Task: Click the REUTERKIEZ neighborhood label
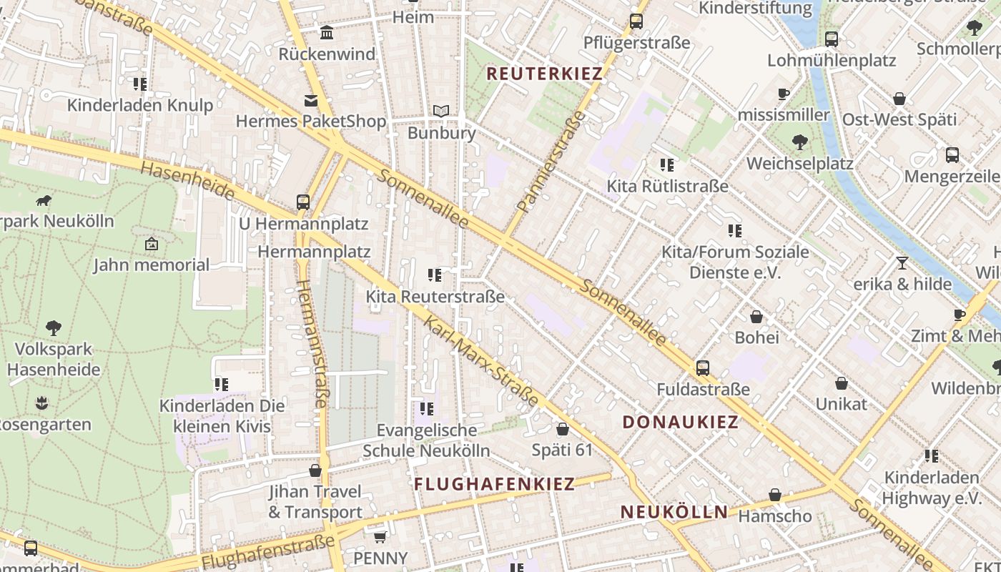545,73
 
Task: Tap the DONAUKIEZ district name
680,422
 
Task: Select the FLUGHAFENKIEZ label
494,484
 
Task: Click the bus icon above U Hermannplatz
303,202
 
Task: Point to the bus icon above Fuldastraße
703,368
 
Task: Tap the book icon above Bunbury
441,112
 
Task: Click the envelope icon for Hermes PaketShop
311,101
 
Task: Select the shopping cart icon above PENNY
380,536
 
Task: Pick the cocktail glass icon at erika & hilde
902,263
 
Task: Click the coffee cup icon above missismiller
784,94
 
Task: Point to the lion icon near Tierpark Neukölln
44,200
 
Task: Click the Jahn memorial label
152,265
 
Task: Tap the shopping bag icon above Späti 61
563,429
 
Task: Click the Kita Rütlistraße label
667,186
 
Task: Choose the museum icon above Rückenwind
327,33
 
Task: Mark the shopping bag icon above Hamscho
775,495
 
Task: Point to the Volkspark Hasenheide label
54,359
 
